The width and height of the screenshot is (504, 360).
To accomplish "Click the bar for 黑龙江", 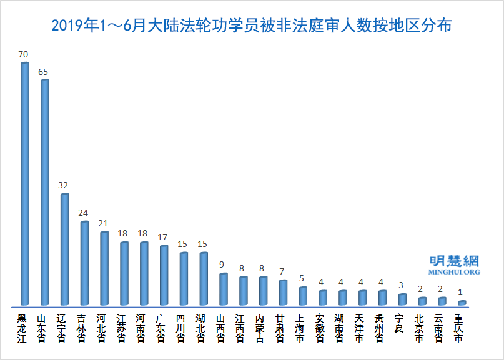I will [x=25, y=184].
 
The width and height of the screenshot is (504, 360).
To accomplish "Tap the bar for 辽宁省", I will [x=64, y=250].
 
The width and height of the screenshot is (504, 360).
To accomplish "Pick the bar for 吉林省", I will [x=84, y=263].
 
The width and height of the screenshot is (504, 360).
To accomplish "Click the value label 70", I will [x=24, y=55].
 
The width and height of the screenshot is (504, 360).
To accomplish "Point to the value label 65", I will [x=43, y=72].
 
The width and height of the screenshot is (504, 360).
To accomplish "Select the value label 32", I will [x=63, y=185].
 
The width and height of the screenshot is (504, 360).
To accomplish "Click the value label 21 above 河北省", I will [x=103, y=223].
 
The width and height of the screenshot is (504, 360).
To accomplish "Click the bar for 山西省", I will [x=223, y=289].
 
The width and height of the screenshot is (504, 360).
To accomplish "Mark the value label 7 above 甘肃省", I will [x=282, y=271].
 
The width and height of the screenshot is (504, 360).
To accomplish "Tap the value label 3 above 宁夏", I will [x=401, y=285].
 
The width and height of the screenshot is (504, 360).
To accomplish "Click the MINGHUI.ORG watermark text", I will [x=454, y=272].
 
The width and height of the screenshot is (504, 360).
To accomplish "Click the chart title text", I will [x=252, y=26].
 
